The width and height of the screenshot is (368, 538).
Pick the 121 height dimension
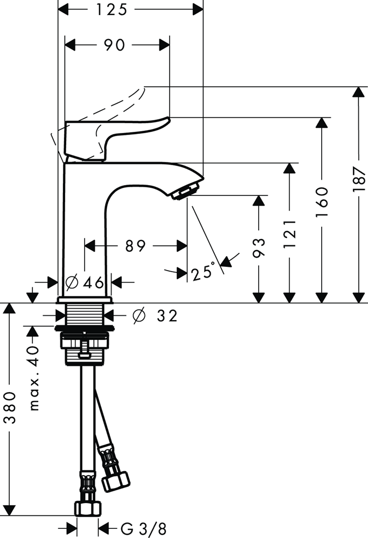[289, 232]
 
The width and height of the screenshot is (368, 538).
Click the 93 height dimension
[259, 248]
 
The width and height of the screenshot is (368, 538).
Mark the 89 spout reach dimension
[136, 246]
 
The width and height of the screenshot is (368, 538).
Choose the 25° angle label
[203, 273]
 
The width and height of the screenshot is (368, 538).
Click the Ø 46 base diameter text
[85, 282]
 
